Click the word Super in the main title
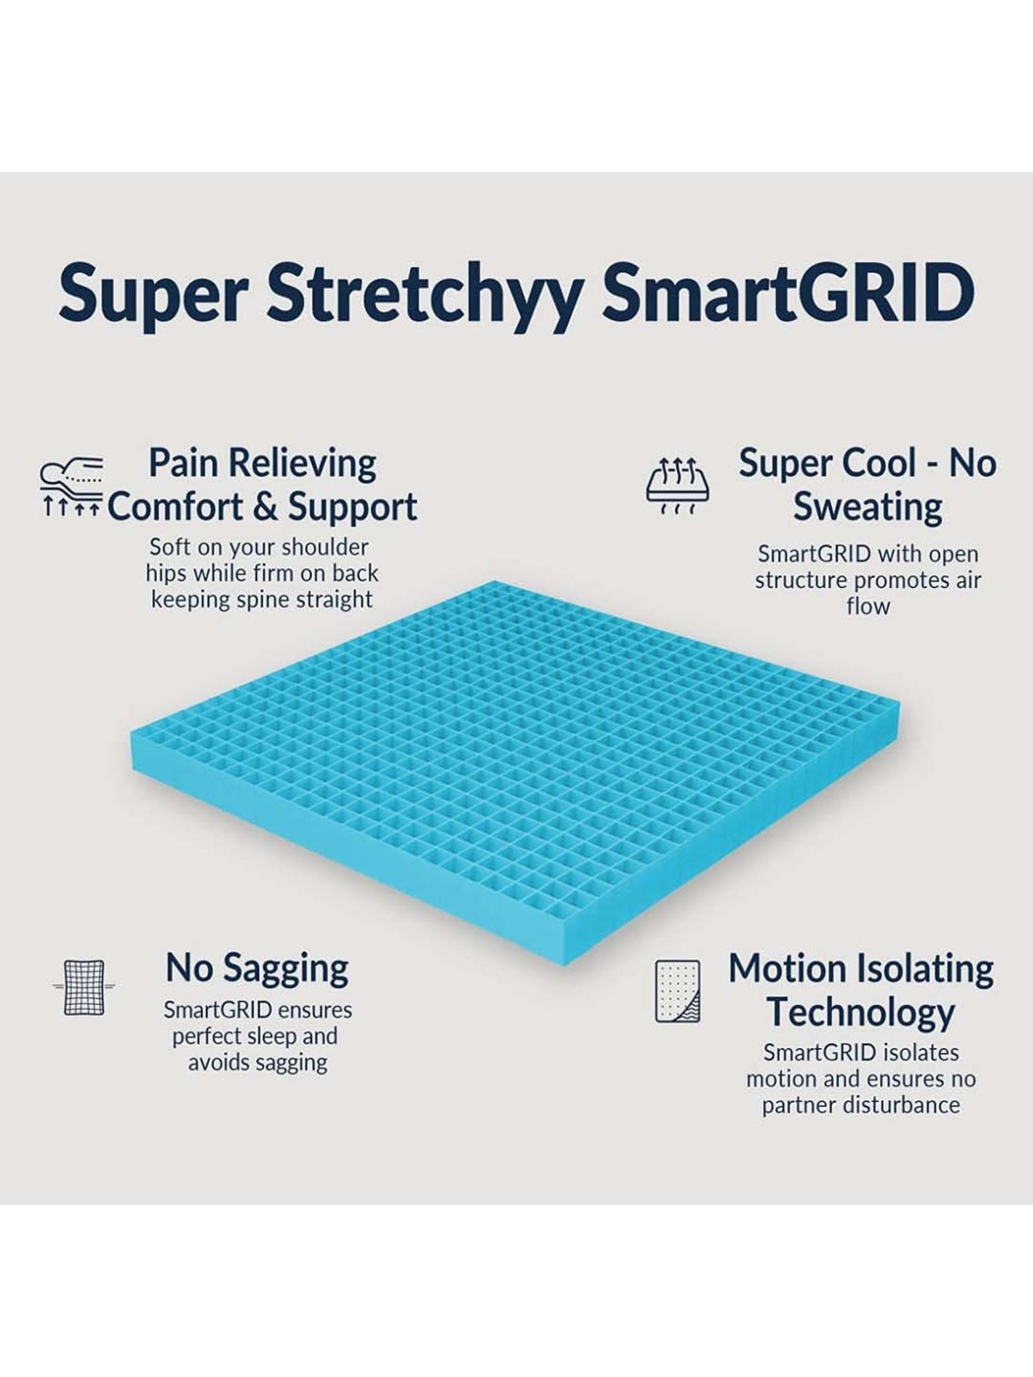click(153, 293)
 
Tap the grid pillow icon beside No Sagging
click(84, 987)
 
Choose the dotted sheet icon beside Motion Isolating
click(678, 991)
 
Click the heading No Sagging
click(257, 968)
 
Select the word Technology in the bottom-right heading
click(861, 1012)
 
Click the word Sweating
click(868, 507)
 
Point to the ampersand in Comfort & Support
click(265, 507)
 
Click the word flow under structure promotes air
click(868, 607)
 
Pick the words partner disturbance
click(861, 1105)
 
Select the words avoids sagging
click(258, 1062)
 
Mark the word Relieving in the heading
click(302, 463)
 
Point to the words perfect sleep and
click(255, 1036)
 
